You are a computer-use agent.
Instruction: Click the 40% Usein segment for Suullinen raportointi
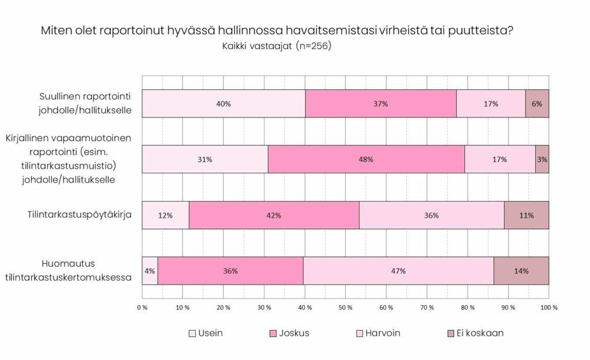tap(224, 104)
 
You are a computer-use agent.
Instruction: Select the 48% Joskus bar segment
tap(366, 160)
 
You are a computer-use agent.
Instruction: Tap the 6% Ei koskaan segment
tap(537, 104)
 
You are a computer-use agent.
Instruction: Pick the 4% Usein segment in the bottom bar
tap(150, 271)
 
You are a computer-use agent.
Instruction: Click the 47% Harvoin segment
tap(398, 271)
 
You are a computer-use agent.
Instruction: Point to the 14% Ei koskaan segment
tap(521, 271)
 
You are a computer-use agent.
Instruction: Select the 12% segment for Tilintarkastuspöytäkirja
tap(165, 215)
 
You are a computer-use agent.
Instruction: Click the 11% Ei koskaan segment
tap(526, 215)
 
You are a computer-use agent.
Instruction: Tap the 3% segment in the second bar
tap(542, 160)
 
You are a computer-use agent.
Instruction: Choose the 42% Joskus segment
tap(274, 215)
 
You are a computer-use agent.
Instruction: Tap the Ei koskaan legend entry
tap(475, 334)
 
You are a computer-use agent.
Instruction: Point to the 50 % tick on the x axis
tap(345, 308)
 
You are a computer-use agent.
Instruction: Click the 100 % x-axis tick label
tap(548, 308)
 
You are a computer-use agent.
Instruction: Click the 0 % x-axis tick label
tap(142, 308)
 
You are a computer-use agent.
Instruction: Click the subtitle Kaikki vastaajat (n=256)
tap(277, 46)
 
